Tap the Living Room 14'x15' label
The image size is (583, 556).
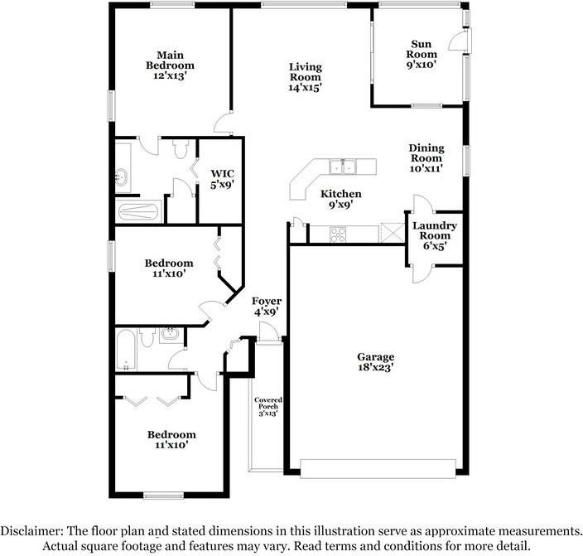click(305, 77)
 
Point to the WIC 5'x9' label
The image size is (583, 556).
click(222, 179)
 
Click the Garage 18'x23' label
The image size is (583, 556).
click(375, 362)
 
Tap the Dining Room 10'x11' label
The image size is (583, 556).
click(426, 158)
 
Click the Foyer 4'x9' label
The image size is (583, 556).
click(267, 306)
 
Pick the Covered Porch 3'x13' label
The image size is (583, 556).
click(268, 406)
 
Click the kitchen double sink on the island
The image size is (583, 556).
click(343, 167)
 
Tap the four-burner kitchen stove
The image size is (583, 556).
click(338, 234)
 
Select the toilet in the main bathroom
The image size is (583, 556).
click(181, 149)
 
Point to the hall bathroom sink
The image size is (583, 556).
click(170, 334)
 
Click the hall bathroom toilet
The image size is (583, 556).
click(147, 337)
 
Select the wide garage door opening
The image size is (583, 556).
click(378, 468)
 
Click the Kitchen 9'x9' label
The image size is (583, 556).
click(340, 199)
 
